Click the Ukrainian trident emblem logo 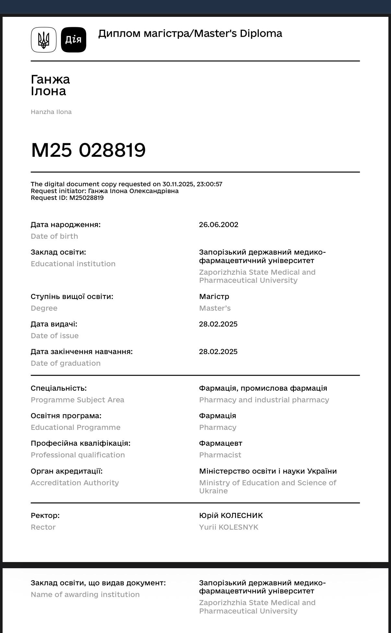[x=44, y=40]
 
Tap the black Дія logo [x=74, y=40]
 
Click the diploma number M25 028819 [x=88, y=150]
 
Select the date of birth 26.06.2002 [x=219, y=225]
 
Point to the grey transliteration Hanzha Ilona [x=51, y=112]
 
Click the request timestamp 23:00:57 [x=209, y=184]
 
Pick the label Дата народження [x=65, y=225]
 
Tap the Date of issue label [x=54, y=336]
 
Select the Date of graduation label [x=65, y=363]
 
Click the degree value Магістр [x=214, y=297]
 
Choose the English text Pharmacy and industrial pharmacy [x=264, y=400]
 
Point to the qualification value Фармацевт [x=220, y=443]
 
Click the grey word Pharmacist [x=220, y=455]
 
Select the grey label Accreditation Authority [x=75, y=483]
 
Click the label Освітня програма [x=66, y=416]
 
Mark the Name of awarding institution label [x=85, y=595]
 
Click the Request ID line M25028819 [x=67, y=198]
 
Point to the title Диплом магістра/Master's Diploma [x=190, y=34]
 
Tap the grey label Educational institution [x=73, y=264]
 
